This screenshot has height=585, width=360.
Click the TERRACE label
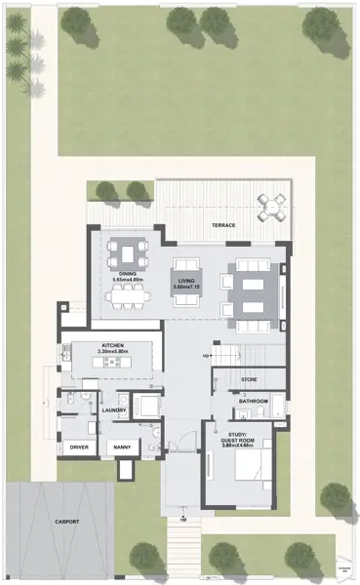click(224, 225)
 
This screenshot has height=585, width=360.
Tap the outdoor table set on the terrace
click(271, 205)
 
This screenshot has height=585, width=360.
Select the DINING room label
click(129, 274)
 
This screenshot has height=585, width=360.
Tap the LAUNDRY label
click(115, 410)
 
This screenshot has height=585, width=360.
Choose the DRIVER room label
click(79, 448)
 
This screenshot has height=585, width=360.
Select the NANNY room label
click(123, 448)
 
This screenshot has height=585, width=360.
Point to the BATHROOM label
click(253, 401)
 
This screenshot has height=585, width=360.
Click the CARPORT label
click(67, 523)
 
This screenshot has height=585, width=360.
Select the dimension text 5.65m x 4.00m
click(129, 281)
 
